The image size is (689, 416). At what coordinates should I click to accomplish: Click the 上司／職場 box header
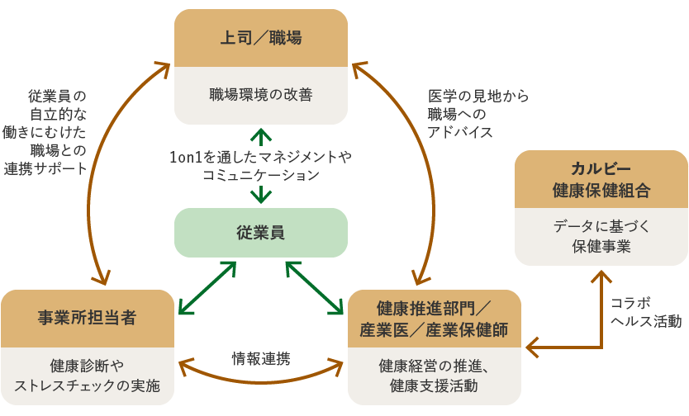pos(260,38)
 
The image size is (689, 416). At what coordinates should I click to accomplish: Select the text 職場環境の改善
pos(260,95)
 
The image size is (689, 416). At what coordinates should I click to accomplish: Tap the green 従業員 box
pos(260,233)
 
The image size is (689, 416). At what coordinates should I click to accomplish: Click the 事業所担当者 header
pos(87,318)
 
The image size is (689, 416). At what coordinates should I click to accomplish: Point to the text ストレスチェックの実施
pos(87,386)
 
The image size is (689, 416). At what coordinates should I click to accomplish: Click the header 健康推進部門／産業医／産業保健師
pos(435,319)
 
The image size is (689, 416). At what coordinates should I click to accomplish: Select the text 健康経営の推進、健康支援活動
pos(435,375)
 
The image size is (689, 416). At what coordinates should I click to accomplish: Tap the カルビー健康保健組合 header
pos(601,179)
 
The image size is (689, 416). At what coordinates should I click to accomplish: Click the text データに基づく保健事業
pos(601,235)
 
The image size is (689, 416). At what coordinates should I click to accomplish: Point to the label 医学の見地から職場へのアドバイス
pos(478,114)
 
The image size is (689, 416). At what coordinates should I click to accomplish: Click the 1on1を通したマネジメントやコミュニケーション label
pos(260,165)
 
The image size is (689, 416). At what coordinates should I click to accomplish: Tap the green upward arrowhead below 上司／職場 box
pos(261,135)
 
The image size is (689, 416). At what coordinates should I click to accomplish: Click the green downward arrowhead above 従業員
pos(261,196)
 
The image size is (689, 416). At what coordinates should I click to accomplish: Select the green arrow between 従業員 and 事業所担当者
pos(207,289)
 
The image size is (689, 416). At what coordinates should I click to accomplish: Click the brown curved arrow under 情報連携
pos(260,379)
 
